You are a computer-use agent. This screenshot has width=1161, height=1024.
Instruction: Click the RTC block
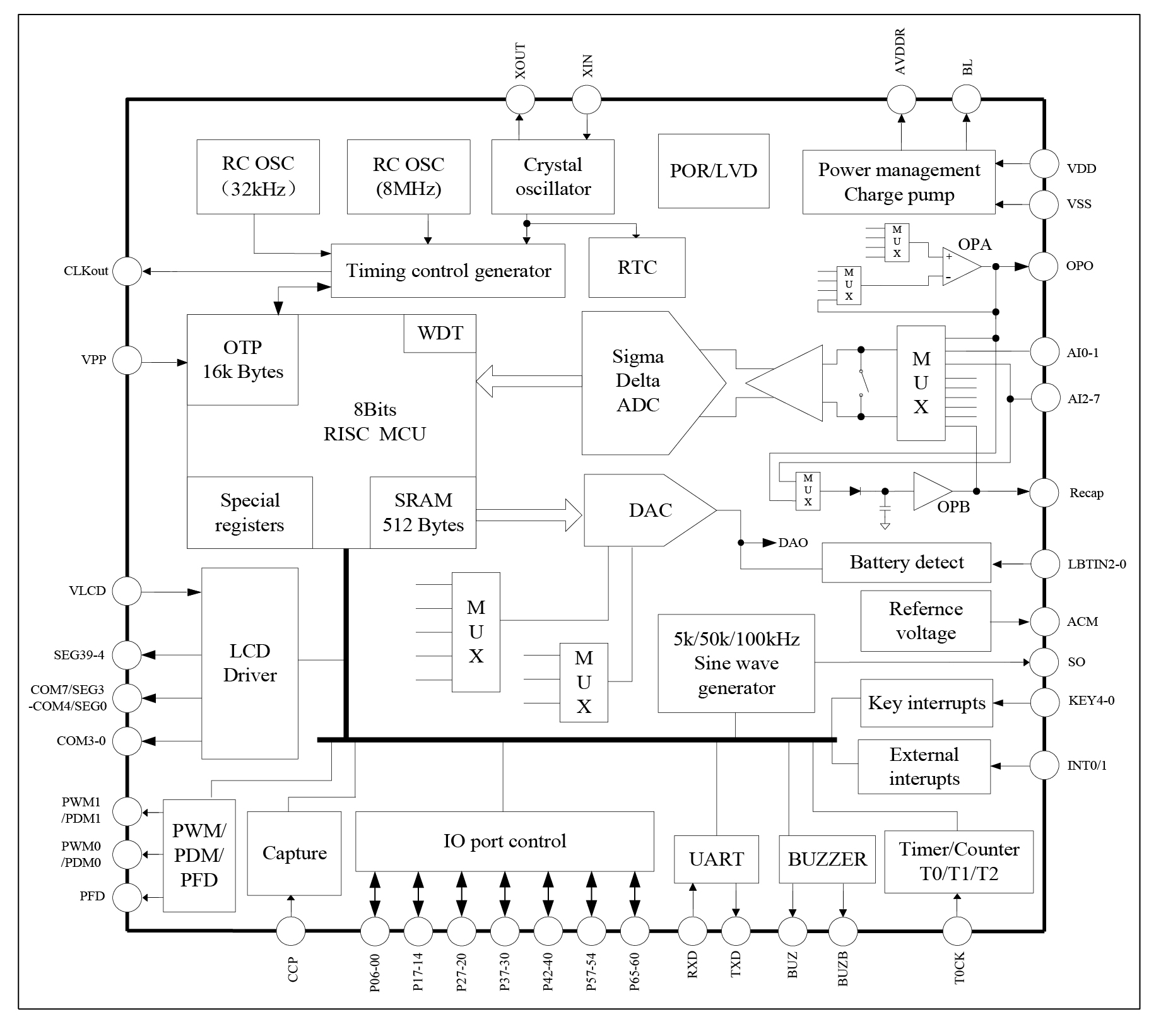[x=637, y=268]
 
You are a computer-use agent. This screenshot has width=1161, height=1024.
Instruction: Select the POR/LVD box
[x=713, y=171]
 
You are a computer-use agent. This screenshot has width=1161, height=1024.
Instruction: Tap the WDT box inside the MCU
[x=440, y=333]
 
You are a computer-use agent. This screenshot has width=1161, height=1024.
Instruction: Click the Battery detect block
[x=906, y=562]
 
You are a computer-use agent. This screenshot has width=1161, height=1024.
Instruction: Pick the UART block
[x=716, y=859]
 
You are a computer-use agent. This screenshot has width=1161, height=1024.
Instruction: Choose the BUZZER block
[x=827, y=859]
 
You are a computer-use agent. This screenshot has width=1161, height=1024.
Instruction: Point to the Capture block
[x=294, y=853]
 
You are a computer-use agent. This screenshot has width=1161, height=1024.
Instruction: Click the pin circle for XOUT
[x=521, y=100]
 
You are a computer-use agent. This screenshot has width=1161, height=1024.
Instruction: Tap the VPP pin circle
[x=127, y=360]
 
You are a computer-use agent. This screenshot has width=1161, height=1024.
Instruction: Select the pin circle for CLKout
[x=127, y=271]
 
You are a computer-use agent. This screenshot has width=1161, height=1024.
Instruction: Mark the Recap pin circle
[x=1044, y=492]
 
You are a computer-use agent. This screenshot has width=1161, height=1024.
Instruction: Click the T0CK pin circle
[x=957, y=931]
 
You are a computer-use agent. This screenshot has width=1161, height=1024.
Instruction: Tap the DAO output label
[x=793, y=543]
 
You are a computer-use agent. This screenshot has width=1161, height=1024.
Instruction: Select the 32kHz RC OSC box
[x=258, y=177]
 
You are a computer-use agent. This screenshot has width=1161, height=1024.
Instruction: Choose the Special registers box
[x=250, y=512]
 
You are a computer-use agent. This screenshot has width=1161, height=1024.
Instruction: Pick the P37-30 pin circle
[x=504, y=931]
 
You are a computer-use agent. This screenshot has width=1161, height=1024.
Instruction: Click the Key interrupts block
[x=926, y=703]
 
